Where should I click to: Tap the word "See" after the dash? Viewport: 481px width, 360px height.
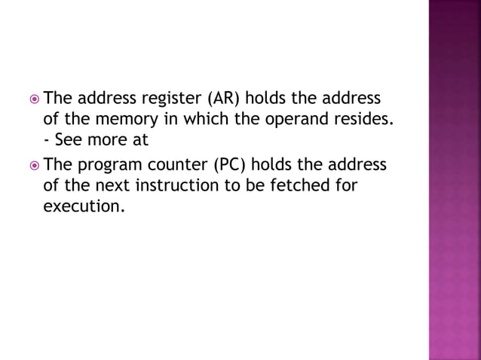(69, 140)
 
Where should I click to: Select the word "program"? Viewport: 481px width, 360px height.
(111, 165)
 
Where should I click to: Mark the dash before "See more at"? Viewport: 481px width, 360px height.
(48, 141)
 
